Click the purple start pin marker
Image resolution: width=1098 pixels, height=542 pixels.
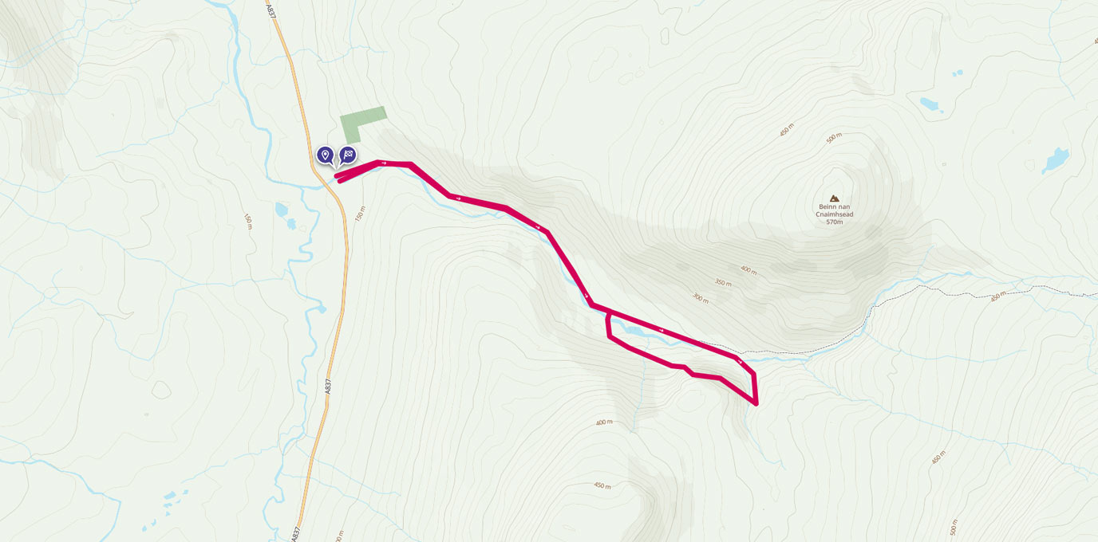point(325,154)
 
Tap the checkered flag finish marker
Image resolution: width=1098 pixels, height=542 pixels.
point(348,154)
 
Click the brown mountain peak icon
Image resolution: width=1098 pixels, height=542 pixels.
point(835,198)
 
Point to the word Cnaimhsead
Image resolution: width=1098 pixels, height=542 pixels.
point(835,214)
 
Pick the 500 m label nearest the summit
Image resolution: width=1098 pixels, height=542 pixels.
point(834,138)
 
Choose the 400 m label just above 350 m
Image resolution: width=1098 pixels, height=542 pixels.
point(748,269)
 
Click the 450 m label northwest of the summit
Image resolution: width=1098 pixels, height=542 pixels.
point(787,129)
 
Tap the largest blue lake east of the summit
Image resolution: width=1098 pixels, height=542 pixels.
point(1055,160)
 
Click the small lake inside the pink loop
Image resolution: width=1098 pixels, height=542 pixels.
point(634,328)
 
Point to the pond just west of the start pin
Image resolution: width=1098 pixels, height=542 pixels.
point(281,210)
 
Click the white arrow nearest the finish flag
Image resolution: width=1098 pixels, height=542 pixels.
point(384,163)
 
